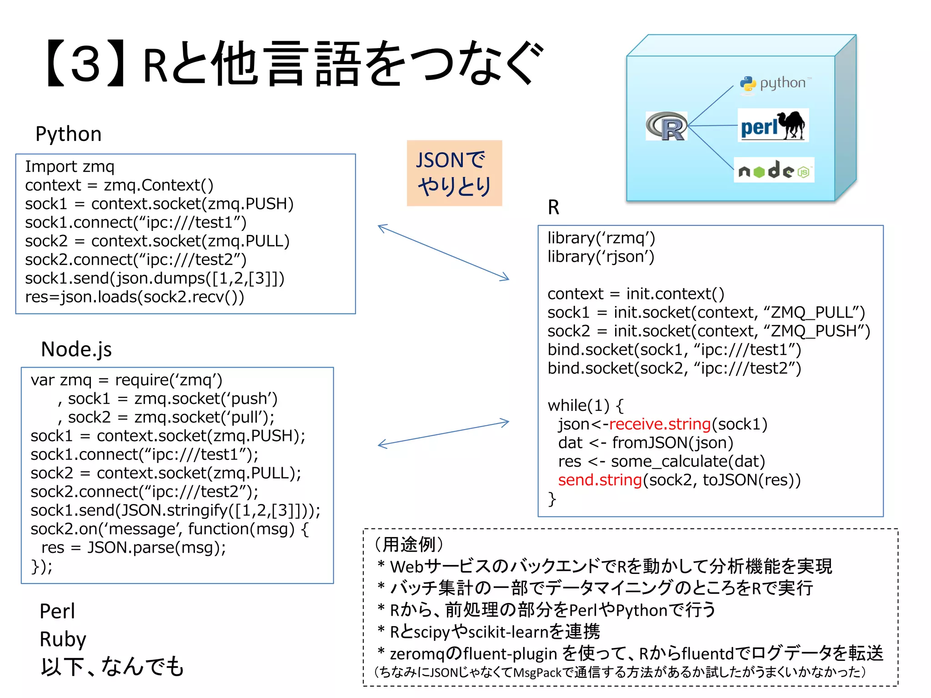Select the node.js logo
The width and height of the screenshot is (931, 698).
click(x=774, y=170)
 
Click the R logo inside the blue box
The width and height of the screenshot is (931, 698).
click(x=666, y=126)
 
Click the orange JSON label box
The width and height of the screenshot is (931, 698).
click(x=454, y=173)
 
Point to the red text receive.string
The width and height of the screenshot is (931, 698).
click(x=659, y=424)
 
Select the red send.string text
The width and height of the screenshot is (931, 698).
click(x=600, y=480)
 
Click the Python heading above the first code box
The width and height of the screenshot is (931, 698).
click(x=69, y=134)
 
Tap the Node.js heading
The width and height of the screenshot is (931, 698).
click(x=76, y=349)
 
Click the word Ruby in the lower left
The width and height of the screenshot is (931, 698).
click(x=63, y=639)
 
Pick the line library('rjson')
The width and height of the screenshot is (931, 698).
click(x=601, y=257)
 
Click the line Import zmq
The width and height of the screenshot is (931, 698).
click(x=70, y=166)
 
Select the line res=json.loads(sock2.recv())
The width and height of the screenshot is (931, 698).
click(x=135, y=297)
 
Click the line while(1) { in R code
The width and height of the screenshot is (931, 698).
click(x=585, y=405)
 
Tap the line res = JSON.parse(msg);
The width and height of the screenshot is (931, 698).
click(x=133, y=548)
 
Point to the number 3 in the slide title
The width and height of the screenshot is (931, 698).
click(x=85, y=64)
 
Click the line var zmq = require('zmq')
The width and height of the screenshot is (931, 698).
click(x=126, y=380)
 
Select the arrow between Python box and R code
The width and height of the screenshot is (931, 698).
click(x=443, y=252)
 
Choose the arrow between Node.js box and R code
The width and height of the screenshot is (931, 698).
click(x=443, y=434)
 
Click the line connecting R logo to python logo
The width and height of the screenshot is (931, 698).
click(x=711, y=105)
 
